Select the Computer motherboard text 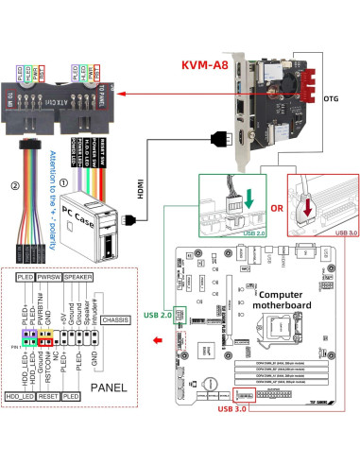click(284, 301)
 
